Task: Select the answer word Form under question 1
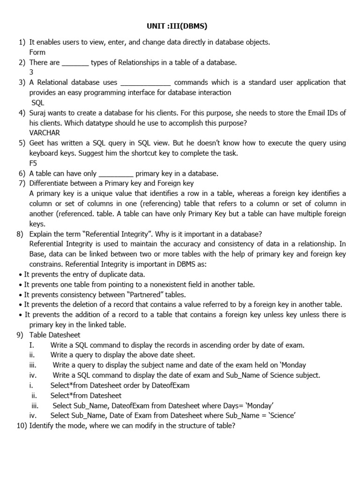[37, 52]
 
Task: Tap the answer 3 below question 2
[31, 72]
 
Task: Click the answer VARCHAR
[45, 133]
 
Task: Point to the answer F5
[33, 163]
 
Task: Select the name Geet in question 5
[37, 143]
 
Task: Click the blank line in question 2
[75, 63]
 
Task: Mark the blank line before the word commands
[146, 83]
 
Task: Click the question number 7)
[21, 183]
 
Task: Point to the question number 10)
[22, 426]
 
